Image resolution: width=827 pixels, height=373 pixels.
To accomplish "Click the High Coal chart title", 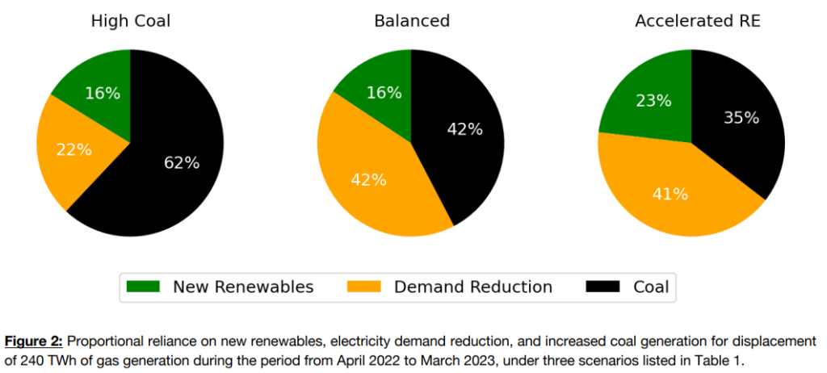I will tap(130, 21).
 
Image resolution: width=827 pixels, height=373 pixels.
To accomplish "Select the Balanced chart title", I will tap(411, 21).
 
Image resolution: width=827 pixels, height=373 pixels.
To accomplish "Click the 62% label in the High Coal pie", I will tap(181, 162).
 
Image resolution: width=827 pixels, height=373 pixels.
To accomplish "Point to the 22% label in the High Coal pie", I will tap(73, 149).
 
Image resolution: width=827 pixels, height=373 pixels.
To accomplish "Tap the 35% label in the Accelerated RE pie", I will tap(741, 118).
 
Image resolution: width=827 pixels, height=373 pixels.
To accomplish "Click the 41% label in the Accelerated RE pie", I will tap(670, 194).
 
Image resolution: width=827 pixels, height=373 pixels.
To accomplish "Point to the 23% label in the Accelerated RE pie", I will tap(653, 101).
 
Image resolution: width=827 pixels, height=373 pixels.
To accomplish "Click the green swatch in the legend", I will tap(144, 287).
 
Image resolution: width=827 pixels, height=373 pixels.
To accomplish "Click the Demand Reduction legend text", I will tap(472, 287).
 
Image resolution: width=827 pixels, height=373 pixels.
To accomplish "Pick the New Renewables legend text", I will tap(243, 287).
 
